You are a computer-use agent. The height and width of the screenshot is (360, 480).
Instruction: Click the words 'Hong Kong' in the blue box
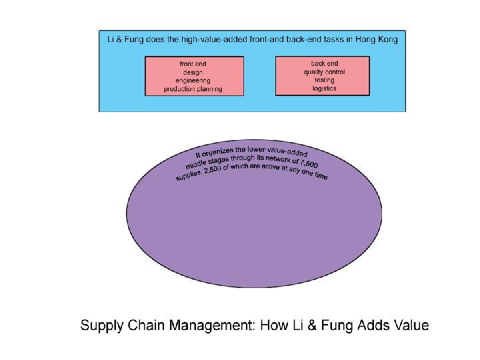click(377, 39)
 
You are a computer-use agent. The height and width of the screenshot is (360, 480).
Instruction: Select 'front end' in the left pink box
click(193, 64)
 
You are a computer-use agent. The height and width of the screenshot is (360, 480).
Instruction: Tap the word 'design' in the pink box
click(193, 72)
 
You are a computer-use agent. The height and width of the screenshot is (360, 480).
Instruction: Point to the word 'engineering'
click(193, 80)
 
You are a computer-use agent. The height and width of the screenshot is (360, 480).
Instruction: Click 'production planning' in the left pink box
click(193, 89)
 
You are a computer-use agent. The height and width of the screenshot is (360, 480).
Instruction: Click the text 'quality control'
click(324, 71)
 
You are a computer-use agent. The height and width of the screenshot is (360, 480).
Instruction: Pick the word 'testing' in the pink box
click(324, 80)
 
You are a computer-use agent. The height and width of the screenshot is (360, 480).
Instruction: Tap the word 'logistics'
click(324, 88)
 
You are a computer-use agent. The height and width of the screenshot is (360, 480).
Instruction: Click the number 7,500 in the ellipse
click(308, 163)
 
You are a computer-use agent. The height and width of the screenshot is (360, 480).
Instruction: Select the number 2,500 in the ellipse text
click(216, 171)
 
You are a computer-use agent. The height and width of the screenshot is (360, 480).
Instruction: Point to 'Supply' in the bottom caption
click(100, 326)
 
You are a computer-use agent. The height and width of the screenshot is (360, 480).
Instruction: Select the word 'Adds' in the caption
click(370, 326)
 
